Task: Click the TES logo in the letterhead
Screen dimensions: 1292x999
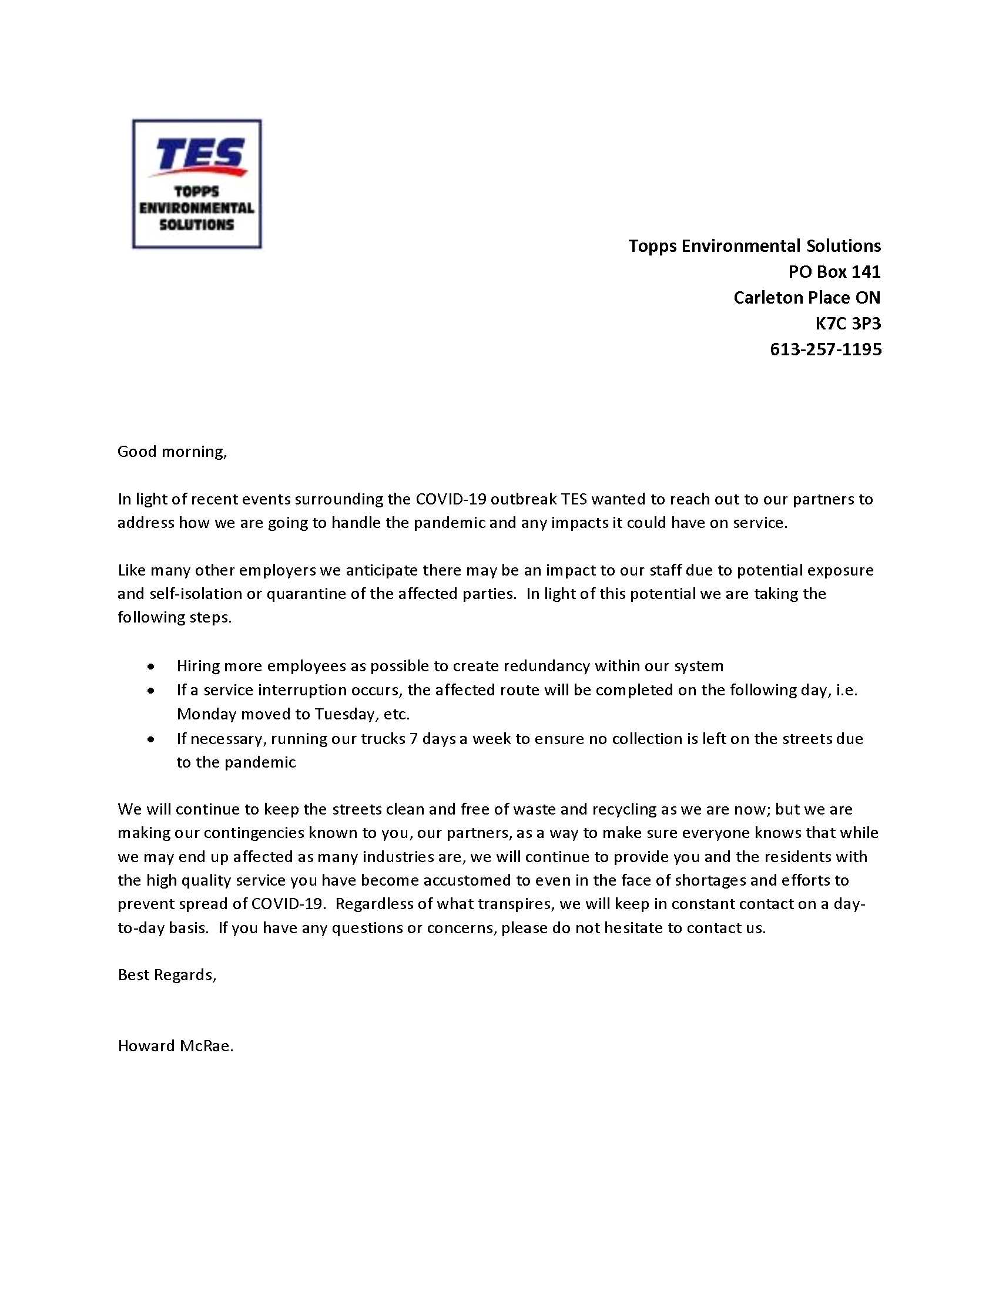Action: point(196,184)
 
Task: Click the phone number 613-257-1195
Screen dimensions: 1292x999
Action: point(825,349)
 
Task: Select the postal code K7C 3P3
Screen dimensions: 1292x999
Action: point(847,324)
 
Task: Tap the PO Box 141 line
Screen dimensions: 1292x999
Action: point(834,272)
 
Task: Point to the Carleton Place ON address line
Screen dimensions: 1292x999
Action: point(807,298)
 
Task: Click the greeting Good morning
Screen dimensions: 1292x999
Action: point(172,452)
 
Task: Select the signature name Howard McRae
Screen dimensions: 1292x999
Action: point(175,1046)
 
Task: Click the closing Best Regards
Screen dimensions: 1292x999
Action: point(167,975)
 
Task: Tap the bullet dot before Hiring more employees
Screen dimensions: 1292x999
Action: point(152,667)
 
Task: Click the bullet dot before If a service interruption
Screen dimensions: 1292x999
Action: point(152,691)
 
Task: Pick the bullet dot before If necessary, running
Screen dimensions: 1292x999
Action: point(152,739)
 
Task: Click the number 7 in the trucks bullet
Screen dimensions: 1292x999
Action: point(414,739)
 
